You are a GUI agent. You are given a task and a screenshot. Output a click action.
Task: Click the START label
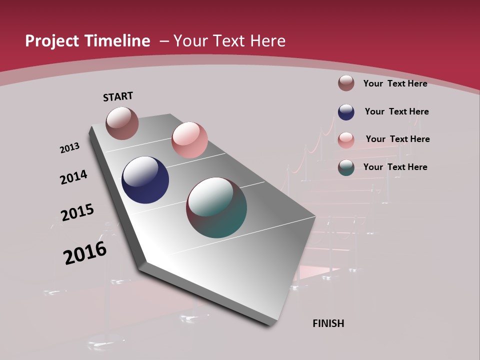tap(118, 96)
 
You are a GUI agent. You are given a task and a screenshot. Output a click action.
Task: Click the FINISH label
tap(328, 323)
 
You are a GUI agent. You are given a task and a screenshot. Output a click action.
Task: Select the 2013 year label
tap(69, 148)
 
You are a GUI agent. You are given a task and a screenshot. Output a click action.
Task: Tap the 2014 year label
tap(73, 177)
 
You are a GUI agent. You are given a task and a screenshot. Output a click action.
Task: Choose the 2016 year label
tap(85, 253)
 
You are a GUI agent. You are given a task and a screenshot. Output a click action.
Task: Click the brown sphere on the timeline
tap(122, 123)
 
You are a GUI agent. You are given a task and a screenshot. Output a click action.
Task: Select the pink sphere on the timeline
tap(189, 140)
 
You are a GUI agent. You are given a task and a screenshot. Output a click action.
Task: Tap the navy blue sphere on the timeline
tap(145, 180)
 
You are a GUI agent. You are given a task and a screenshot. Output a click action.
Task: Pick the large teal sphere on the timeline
tap(216, 207)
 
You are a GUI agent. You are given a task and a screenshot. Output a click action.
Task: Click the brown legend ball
tap(346, 83)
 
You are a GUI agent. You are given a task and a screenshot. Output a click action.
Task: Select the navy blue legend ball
tap(346, 112)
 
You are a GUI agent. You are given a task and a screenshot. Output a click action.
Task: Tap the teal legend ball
tap(346, 167)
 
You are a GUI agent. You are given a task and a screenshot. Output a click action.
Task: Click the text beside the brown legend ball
tap(395, 83)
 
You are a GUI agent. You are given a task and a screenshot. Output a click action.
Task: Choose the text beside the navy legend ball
tap(396, 111)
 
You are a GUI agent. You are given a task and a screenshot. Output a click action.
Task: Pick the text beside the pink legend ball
tap(397, 139)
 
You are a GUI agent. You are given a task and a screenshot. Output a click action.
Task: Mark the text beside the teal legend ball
tap(395, 167)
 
